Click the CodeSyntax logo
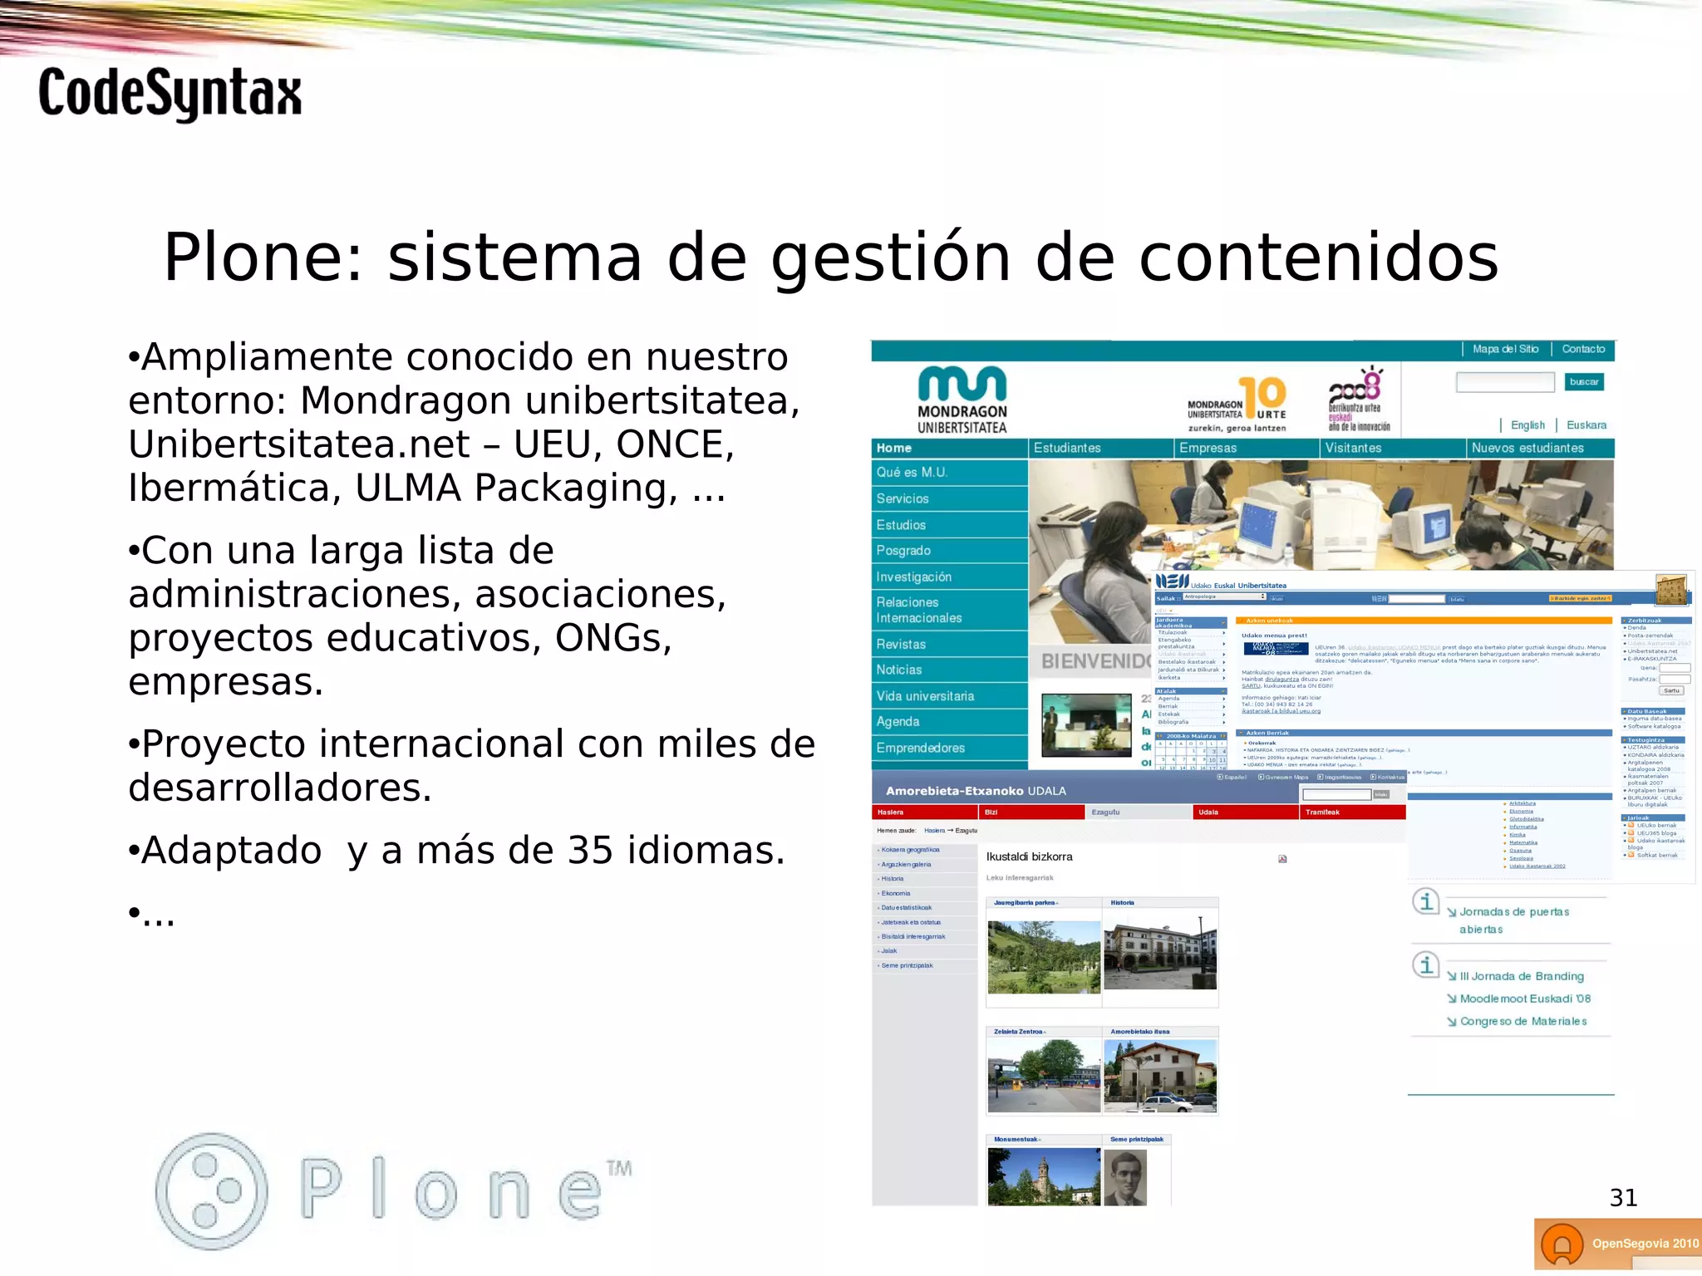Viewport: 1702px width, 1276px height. tap(170, 93)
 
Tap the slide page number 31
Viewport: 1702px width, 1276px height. tap(1623, 1197)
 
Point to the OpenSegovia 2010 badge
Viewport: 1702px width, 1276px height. tap(1617, 1244)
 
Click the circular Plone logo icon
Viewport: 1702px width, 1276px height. tap(212, 1190)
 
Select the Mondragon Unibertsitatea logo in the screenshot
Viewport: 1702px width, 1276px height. tap(962, 400)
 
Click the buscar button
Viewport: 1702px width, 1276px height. tap(1583, 382)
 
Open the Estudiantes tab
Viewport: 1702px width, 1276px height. tap(1067, 448)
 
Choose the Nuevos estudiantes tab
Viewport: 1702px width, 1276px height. tap(1527, 448)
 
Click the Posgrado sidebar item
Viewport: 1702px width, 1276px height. tap(903, 551)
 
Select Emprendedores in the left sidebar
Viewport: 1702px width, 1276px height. tap(921, 748)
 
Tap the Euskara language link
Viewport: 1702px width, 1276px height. tap(1586, 425)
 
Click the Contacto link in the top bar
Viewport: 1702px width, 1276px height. tap(1583, 349)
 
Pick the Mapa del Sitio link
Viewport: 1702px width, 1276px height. tap(1505, 349)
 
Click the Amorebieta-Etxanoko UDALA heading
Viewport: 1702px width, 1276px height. tap(976, 791)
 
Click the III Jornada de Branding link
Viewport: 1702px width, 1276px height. tap(1521, 976)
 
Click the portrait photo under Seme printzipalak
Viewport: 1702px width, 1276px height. tap(1125, 1176)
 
